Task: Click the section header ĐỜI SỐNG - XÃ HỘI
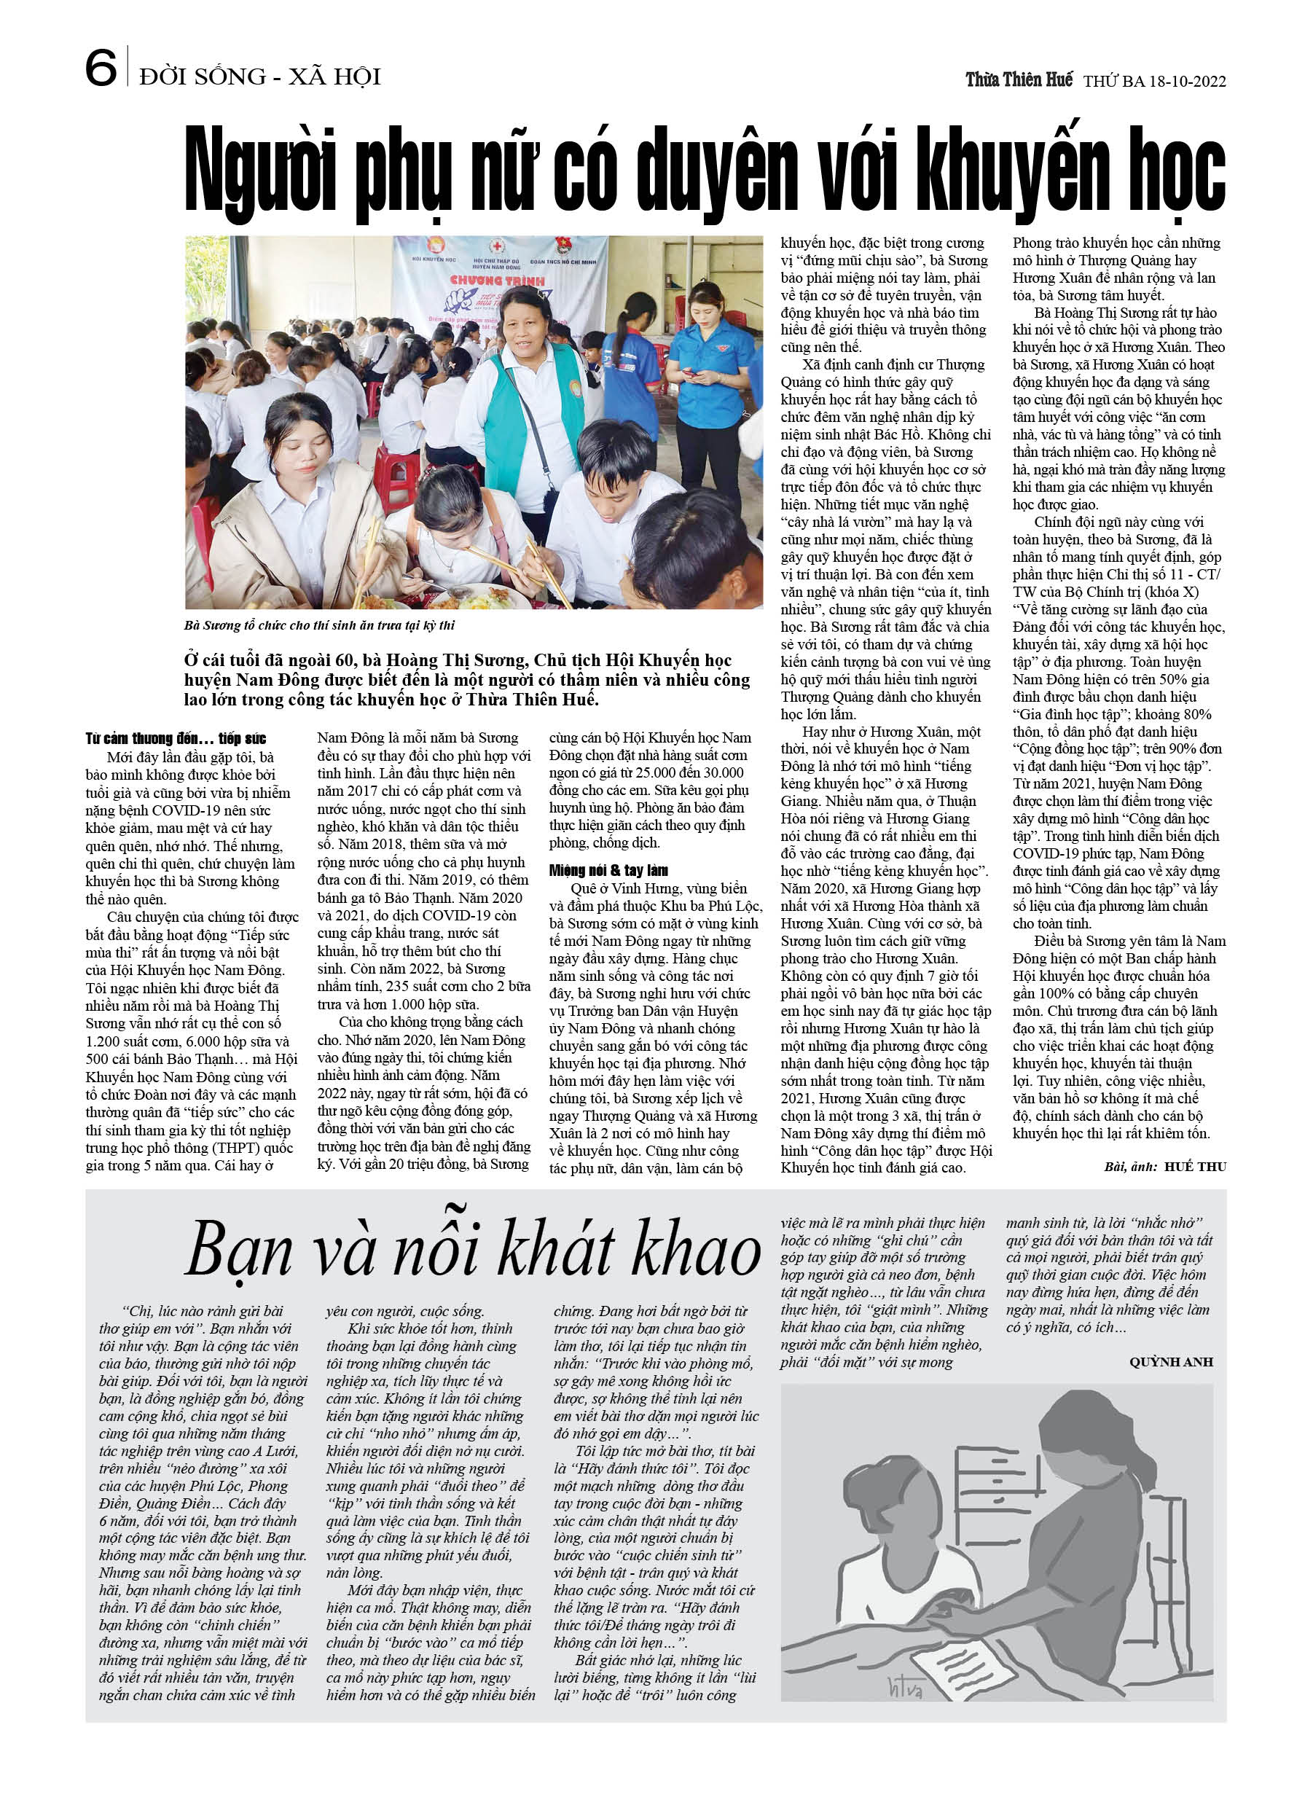(260, 77)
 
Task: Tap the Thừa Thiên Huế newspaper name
(1018, 79)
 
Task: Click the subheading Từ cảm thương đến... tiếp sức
(176, 738)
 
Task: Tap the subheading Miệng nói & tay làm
(608, 871)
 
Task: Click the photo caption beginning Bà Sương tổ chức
(319, 626)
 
